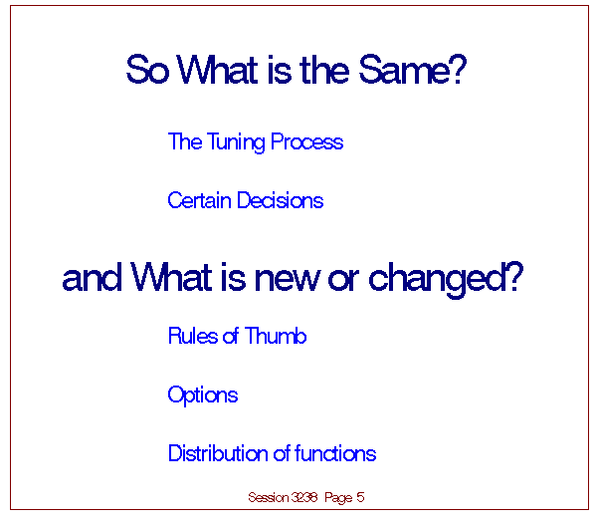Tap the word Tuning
click(236, 142)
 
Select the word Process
click(306, 141)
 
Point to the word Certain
click(199, 200)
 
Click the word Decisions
click(280, 200)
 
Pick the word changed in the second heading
click(438, 279)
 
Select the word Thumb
click(276, 336)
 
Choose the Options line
click(203, 395)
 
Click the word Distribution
click(218, 453)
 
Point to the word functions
click(335, 453)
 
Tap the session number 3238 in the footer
click(304, 497)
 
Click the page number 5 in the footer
click(360, 497)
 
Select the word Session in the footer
click(269, 497)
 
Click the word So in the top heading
click(147, 70)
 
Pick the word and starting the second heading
click(92, 278)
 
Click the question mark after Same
click(459, 69)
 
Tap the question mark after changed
click(516, 277)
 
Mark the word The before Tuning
click(185, 141)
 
